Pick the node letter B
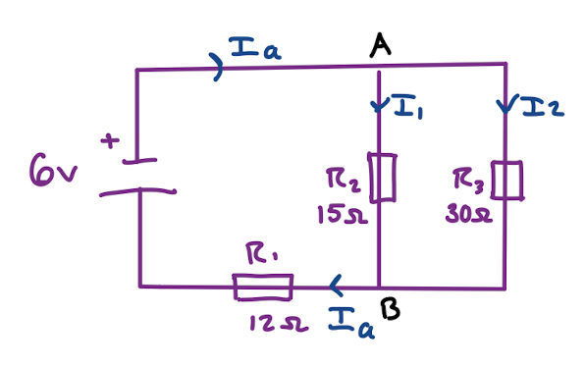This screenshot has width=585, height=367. [389, 312]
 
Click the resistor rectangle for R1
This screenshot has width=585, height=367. [263, 287]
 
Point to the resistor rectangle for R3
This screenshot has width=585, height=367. [506, 180]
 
